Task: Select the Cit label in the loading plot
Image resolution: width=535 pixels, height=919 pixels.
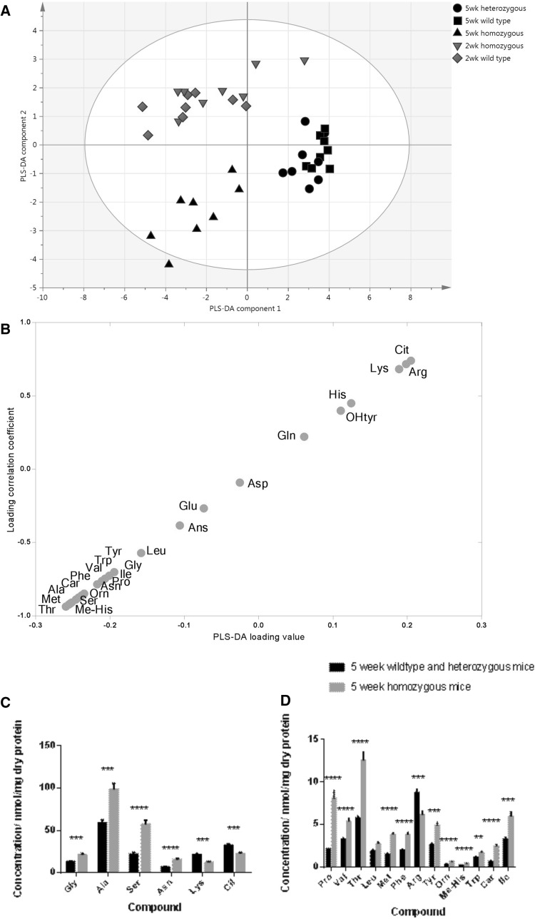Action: [402, 350]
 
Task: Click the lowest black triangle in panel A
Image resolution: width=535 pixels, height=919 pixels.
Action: [169, 264]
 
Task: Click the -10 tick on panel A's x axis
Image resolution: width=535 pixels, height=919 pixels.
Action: [42, 295]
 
